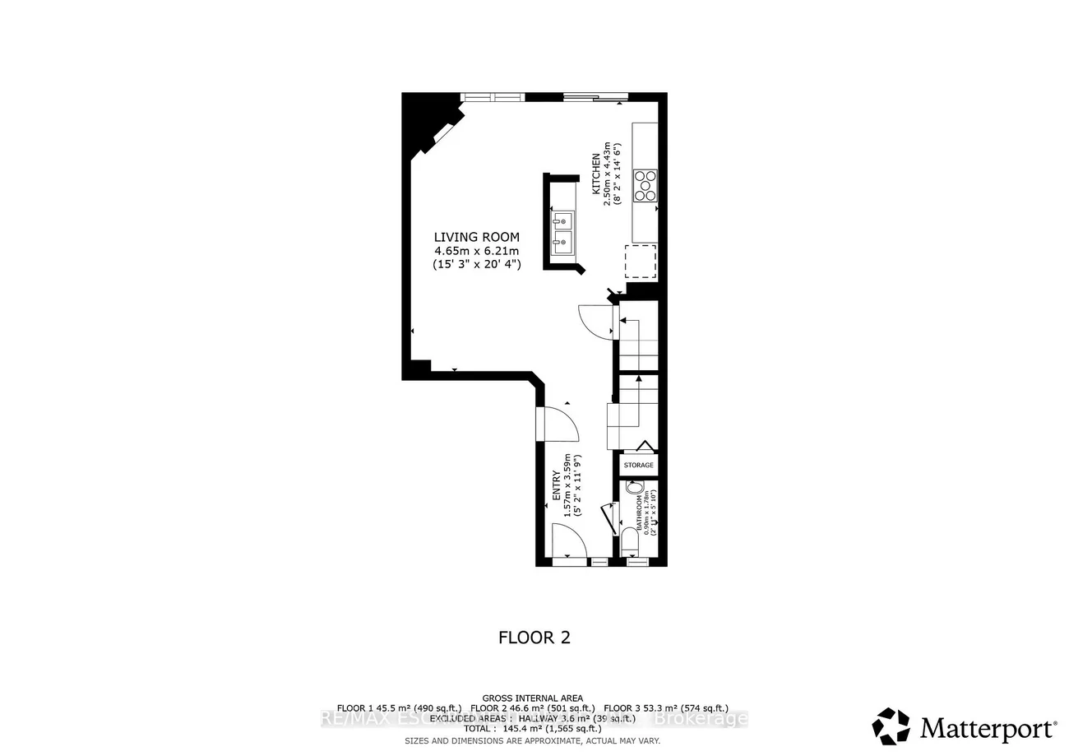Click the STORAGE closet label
click(638, 466)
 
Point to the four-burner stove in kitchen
click(645, 185)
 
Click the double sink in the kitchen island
click(563, 231)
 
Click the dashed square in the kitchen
click(641, 262)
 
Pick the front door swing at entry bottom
click(570, 543)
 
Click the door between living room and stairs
click(596, 321)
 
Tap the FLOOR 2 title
click(534, 638)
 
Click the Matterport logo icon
click(891, 726)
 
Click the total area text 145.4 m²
click(534, 728)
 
